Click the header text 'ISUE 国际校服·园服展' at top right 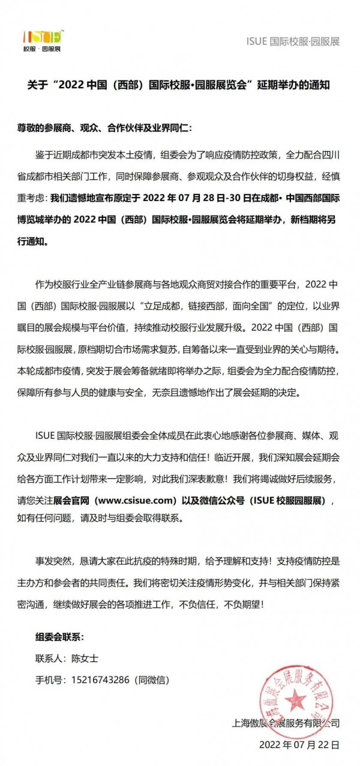coord(293,41)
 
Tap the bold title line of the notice coord(179,85)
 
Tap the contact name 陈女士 coord(85,659)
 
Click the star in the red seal coord(295,699)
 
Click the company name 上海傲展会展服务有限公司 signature coord(286,723)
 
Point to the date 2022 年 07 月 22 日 coord(299,744)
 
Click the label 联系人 coord(50,659)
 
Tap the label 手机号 coord(50,680)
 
